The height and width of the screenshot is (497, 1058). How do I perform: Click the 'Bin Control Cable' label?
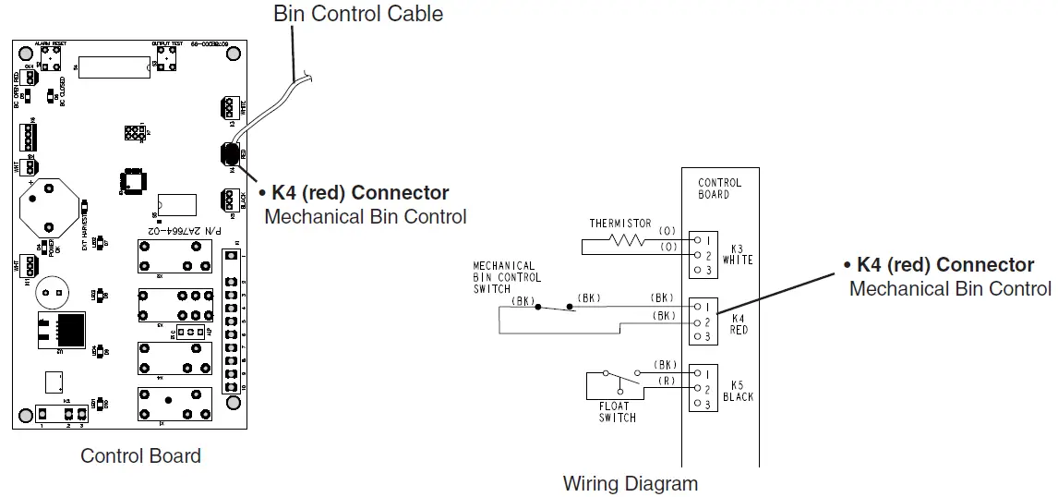[358, 14]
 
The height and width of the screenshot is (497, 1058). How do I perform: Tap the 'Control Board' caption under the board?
[140, 455]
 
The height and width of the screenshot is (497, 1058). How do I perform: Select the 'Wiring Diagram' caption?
[630, 482]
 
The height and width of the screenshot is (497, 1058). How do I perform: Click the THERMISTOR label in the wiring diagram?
[619, 224]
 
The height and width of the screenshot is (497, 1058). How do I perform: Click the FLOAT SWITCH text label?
[616, 412]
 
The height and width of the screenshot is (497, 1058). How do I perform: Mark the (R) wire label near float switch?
[665, 381]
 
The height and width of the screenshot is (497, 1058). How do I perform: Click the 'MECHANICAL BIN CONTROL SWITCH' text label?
[507, 277]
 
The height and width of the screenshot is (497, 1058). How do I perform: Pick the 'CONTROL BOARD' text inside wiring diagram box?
[720, 188]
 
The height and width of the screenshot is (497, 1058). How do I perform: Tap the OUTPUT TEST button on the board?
[166, 56]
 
